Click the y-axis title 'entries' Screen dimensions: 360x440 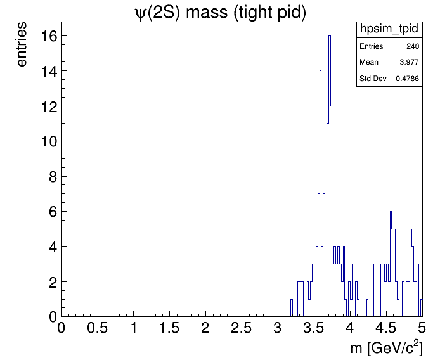22,44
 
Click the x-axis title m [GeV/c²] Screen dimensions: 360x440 386,348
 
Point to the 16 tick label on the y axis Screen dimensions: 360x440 49,36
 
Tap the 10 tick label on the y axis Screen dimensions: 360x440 49,141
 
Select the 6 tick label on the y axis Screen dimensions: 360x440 53,212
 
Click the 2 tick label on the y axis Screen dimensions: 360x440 53,281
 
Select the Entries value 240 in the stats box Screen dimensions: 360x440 412,47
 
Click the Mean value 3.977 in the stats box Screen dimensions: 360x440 409,63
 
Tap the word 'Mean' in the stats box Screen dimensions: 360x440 369,63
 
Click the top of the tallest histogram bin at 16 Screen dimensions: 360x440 330,36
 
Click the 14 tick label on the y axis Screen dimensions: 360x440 49,71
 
